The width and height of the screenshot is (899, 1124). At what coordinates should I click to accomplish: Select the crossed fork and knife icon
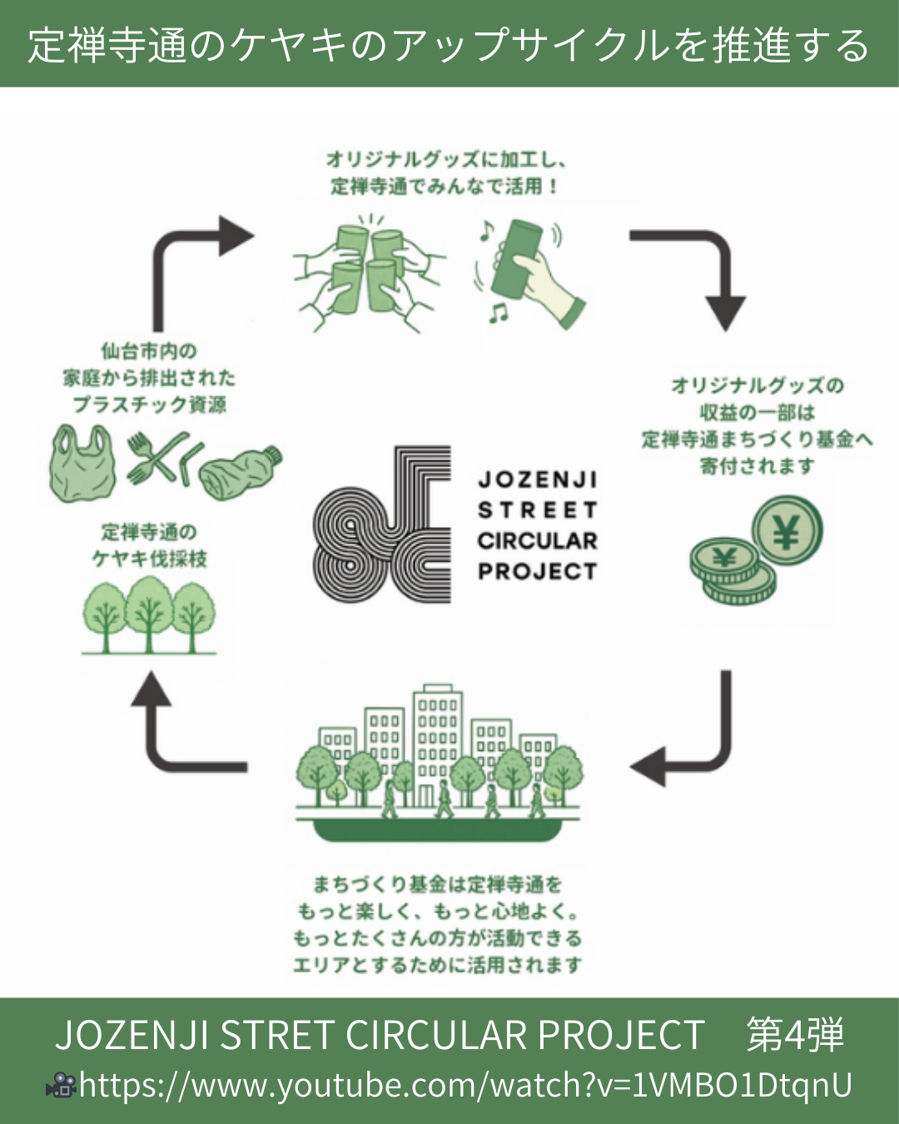coord(158,458)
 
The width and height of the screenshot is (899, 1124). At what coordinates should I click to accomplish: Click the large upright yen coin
coord(787,531)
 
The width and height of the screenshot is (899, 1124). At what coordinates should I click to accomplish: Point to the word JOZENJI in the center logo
coord(538,480)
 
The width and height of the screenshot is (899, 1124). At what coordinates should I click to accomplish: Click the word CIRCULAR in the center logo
coord(538,541)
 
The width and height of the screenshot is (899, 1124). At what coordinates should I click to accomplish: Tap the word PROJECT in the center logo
coord(538,572)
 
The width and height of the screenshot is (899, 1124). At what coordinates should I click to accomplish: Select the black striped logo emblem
coord(382,525)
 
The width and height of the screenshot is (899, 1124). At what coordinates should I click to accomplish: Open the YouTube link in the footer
coord(466,1085)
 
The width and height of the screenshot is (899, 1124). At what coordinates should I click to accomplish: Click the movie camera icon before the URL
coord(61,1085)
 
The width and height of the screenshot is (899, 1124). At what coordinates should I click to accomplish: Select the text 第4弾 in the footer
coord(795,1035)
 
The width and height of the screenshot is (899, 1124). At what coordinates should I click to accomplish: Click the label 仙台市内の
coord(149,351)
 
